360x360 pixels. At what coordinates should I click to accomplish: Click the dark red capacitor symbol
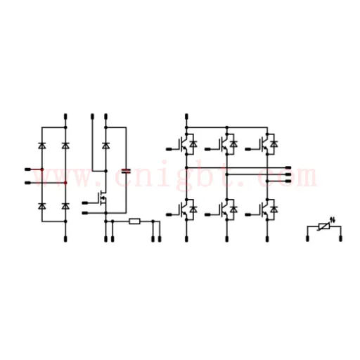127,171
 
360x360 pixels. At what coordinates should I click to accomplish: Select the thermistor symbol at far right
324,226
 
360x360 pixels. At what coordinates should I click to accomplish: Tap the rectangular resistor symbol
135,221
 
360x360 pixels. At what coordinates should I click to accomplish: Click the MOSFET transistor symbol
103,198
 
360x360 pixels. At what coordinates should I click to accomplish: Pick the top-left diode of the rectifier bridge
42,146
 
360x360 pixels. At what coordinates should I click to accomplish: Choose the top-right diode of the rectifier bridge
65,146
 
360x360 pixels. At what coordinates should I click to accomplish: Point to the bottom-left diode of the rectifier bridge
42,206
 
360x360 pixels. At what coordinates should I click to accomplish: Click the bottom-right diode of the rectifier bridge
65,206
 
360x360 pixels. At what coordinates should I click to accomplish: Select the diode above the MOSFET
105,146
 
